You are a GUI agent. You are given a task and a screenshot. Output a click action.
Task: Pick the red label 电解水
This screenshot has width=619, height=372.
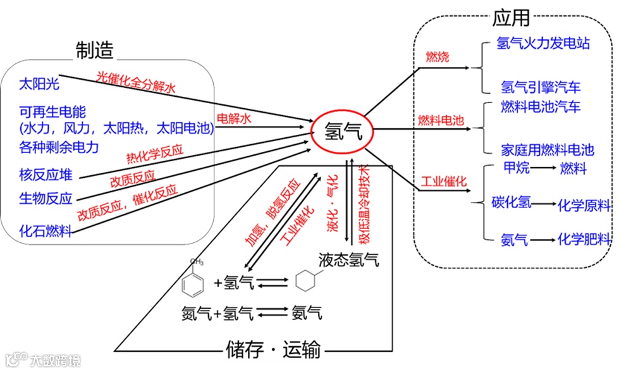(234, 118)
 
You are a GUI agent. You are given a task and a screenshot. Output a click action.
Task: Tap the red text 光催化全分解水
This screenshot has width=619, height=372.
(136, 83)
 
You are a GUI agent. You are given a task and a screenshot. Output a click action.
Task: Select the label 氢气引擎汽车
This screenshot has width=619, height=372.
(540, 86)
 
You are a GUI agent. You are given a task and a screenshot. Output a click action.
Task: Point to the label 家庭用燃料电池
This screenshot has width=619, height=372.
(548, 150)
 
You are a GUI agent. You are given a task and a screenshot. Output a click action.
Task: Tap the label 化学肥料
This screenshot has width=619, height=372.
(584, 240)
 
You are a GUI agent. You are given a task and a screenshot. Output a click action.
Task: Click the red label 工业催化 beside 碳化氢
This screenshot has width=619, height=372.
(444, 182)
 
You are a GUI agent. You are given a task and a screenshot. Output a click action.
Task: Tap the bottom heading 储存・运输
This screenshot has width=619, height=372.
(273, 349)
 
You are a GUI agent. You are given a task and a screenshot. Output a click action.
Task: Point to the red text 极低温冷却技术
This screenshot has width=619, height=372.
(365, 202)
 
